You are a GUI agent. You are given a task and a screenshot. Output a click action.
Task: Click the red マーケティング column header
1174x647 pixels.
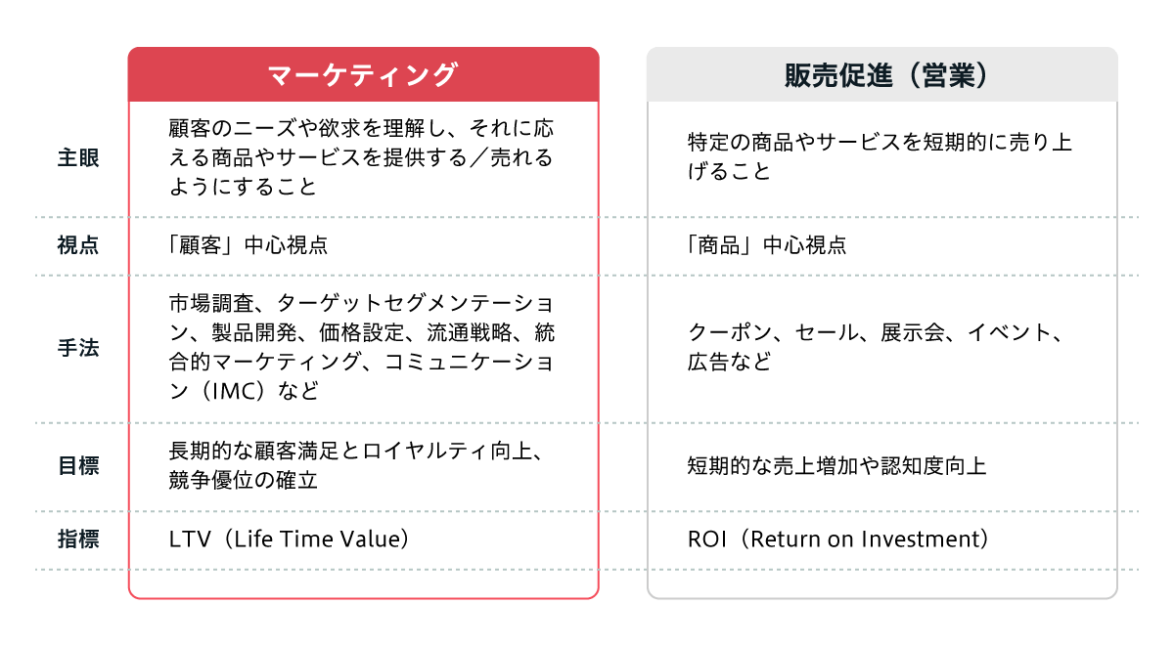click(363, 75)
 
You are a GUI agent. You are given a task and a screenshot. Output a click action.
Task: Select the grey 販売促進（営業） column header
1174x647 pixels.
click(881, 75)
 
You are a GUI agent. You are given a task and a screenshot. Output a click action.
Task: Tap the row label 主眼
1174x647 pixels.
click(77, 157)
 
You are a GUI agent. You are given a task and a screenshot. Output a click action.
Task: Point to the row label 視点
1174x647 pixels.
click(77, 245)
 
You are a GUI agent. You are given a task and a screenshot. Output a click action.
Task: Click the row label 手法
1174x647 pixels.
click(77, 348)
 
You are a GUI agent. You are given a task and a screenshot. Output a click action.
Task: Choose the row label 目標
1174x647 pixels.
click(77, 466)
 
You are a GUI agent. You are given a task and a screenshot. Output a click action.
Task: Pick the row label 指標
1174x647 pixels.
click(77, 539)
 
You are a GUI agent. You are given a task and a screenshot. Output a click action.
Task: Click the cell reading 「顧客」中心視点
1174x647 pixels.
click(248, 245)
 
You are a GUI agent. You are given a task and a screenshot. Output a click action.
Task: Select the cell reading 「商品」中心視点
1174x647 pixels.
click(766, 245)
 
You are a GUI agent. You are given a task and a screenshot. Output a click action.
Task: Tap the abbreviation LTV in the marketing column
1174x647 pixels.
click(190, 539)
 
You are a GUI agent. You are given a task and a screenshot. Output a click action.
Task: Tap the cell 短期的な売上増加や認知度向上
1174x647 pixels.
click(836, 466)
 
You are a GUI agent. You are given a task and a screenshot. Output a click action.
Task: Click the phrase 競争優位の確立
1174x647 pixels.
click(243, 481)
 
